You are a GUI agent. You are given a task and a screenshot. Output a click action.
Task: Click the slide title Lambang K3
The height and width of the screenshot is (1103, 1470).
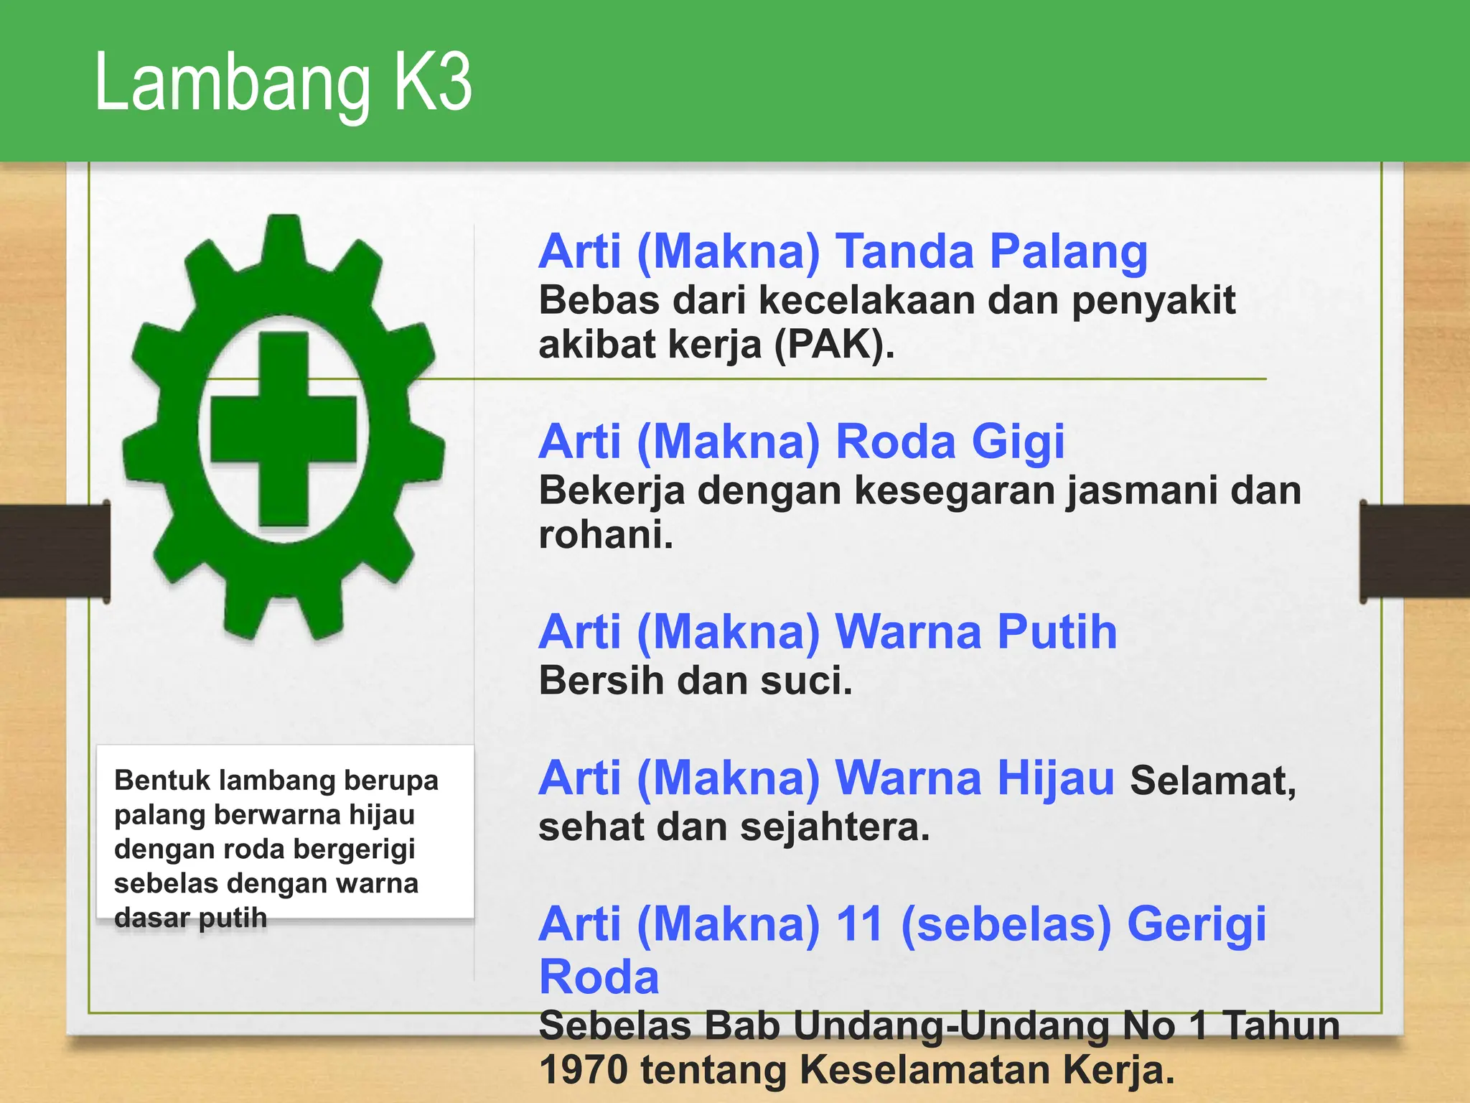pyautogui.click(x=283, y=83)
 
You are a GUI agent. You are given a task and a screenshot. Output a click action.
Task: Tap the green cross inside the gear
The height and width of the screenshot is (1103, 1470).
pyautogui.click(x=284, y=429)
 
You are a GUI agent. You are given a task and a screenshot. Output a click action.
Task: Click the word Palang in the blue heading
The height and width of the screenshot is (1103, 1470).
pyautogui.click(x=1069, y=253)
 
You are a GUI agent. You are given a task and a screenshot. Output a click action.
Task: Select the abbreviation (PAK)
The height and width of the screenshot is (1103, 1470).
pyautogui.click(x=835, y=345)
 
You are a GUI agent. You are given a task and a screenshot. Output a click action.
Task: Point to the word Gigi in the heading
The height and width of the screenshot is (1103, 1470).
pyautogui.click(x=1018, y=442)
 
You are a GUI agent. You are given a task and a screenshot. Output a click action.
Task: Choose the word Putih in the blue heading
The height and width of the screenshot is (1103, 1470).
pyautogui.click(x=1057, y=633)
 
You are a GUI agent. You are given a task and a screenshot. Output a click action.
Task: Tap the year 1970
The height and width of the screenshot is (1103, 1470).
pyautogui.click(x=584, y=1070)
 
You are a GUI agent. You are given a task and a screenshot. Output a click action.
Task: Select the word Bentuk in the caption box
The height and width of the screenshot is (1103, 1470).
pyautogui.click(x=161, y=780)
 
